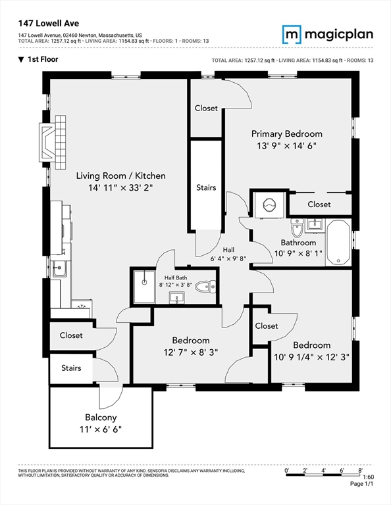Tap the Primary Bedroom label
pyautogui.click(x=287, y=133)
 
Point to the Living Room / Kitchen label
pyautogui.click(x=120, y=176)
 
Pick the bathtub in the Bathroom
pyautogui.click(x=340, y=243)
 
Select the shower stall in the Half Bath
pyautogui.click(x=143, y=285)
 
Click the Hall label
pyautogui.click(x=228, y=250)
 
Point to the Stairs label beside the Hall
pyautogui.click(x=206, y=187)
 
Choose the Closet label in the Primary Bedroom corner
pyautogui.click(x=206, y=108)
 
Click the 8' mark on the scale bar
pyautogui.click(x=361, y=471)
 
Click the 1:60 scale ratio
pyautogui.click(x=370, y=477)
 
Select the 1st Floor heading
pyautogui.click(x=41, y=60)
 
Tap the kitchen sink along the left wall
pyautogui.click(x=58, y=268)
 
